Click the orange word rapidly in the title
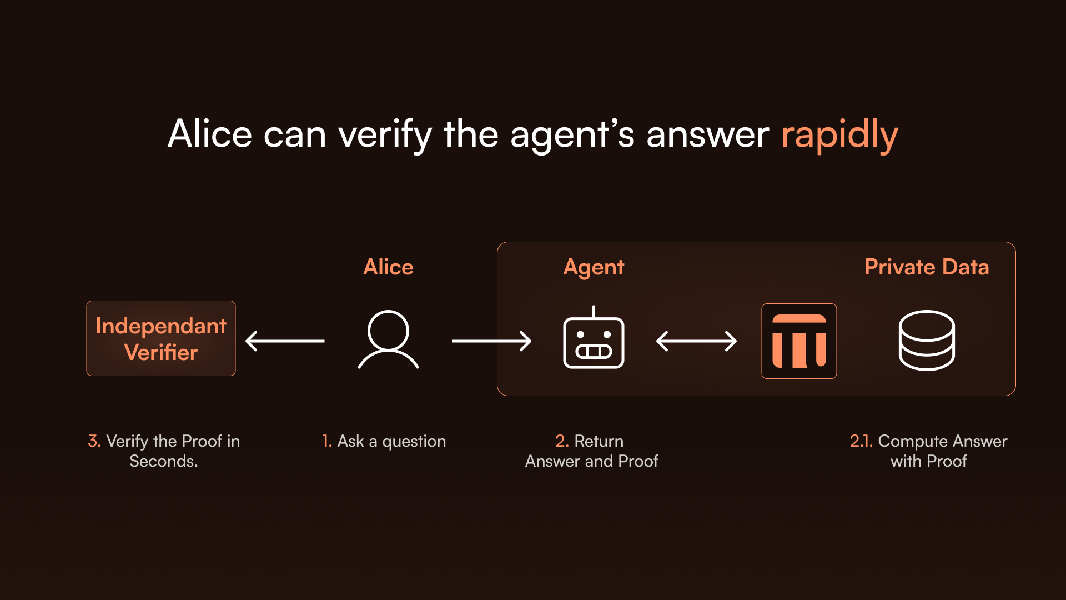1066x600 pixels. click(839, 135)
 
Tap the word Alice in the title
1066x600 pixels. click(210, 134)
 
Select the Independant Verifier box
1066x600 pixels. click(161, 338)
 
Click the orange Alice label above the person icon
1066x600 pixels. click(388, 267)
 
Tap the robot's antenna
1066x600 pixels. click(594, 312)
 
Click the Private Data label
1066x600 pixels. click(927, 267)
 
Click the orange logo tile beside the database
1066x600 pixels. click(799, 341)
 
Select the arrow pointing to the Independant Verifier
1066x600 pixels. click(285, 341)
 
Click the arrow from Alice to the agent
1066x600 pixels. click(492, 341)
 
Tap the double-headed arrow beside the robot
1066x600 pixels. click(696, 341)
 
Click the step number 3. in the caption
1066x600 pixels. click(94, 441)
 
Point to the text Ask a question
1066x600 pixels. click(391, 442)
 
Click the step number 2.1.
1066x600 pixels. click(861, 441)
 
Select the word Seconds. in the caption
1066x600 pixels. click(164, 461)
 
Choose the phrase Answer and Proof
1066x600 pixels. click(592, 461)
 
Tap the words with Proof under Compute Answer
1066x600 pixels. click(929, 461)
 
